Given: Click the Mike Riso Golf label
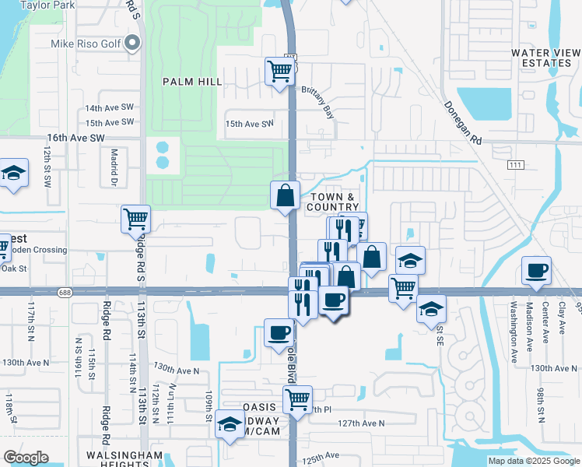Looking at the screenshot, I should click(x=86, y=44).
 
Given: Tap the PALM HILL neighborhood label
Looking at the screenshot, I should click(x=192, y=81).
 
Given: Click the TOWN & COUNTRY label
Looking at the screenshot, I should click(x=335, y=202).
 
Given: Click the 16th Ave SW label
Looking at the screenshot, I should click(x=75, y=137).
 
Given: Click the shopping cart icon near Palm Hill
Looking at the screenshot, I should click(x=279, y=71).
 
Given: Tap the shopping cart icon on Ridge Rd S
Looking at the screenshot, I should click(x=136, y=219).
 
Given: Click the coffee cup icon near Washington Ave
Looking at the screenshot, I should click(x=536, y=270).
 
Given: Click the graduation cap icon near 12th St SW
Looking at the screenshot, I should click(x=13, y=173).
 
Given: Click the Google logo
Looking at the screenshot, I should click(x=26, y=458).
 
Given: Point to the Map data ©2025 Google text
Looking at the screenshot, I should click(x=534, y=461).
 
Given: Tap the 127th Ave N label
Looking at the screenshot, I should click(x=364, y=423).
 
